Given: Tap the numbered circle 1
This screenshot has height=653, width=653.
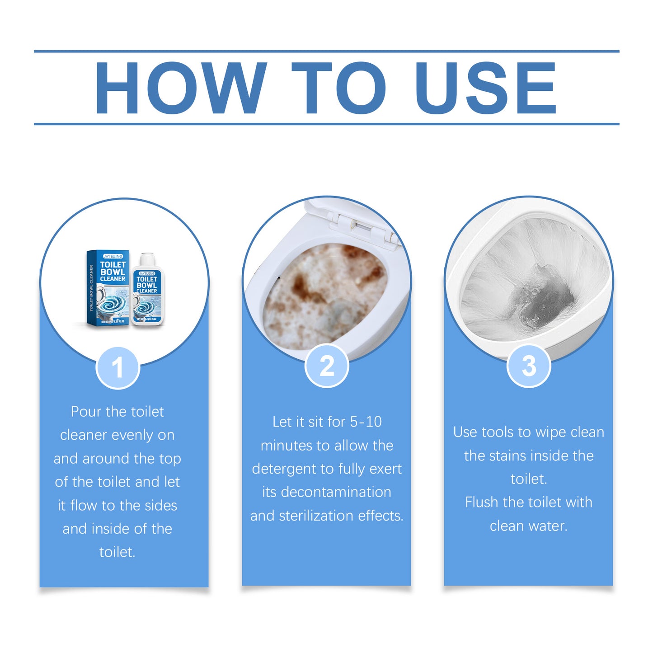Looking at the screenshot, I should tap(117, 367).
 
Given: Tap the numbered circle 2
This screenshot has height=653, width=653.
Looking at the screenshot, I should tap(327, 366).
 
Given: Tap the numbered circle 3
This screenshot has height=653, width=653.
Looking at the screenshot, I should tap(529, 366).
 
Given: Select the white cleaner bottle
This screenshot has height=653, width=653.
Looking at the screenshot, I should tap(147, 291).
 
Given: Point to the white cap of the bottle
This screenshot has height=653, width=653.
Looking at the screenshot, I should tap(147, 259).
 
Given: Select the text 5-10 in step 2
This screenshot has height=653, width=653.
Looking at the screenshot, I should tap(366, 422).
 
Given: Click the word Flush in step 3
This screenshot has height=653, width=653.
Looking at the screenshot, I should tap(482, 503).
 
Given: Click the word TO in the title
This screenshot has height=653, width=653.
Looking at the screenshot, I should tap(339, 88).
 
